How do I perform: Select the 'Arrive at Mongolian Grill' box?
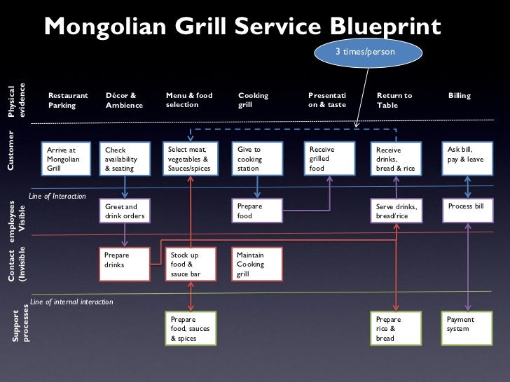(68, 159)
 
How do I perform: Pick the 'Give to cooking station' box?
(256, 159)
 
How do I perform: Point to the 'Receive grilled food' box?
(329, 159)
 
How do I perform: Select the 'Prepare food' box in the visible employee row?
(256, 211)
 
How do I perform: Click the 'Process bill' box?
(467, 208)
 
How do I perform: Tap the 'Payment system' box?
(467, 325)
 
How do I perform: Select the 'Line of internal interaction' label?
(72, 301)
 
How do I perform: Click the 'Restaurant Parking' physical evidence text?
(68, 100)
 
